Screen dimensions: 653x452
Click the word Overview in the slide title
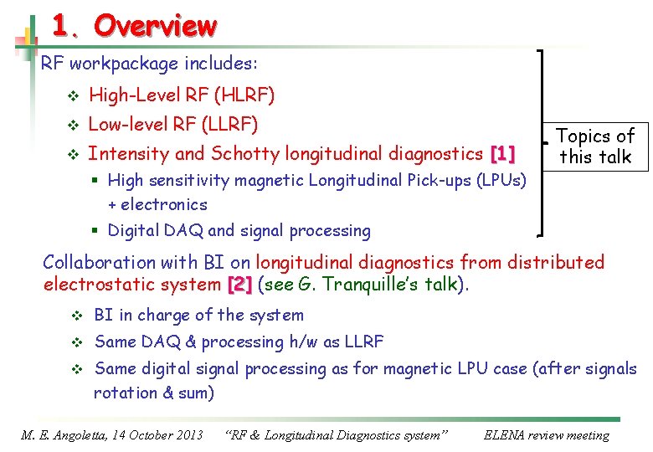point(155,27)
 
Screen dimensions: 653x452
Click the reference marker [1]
point(502,154)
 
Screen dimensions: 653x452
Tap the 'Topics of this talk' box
point(595,146)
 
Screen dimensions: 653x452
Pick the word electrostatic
point(90,285)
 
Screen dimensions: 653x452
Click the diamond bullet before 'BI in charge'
point(73,316)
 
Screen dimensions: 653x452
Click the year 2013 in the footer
point(190,435)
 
